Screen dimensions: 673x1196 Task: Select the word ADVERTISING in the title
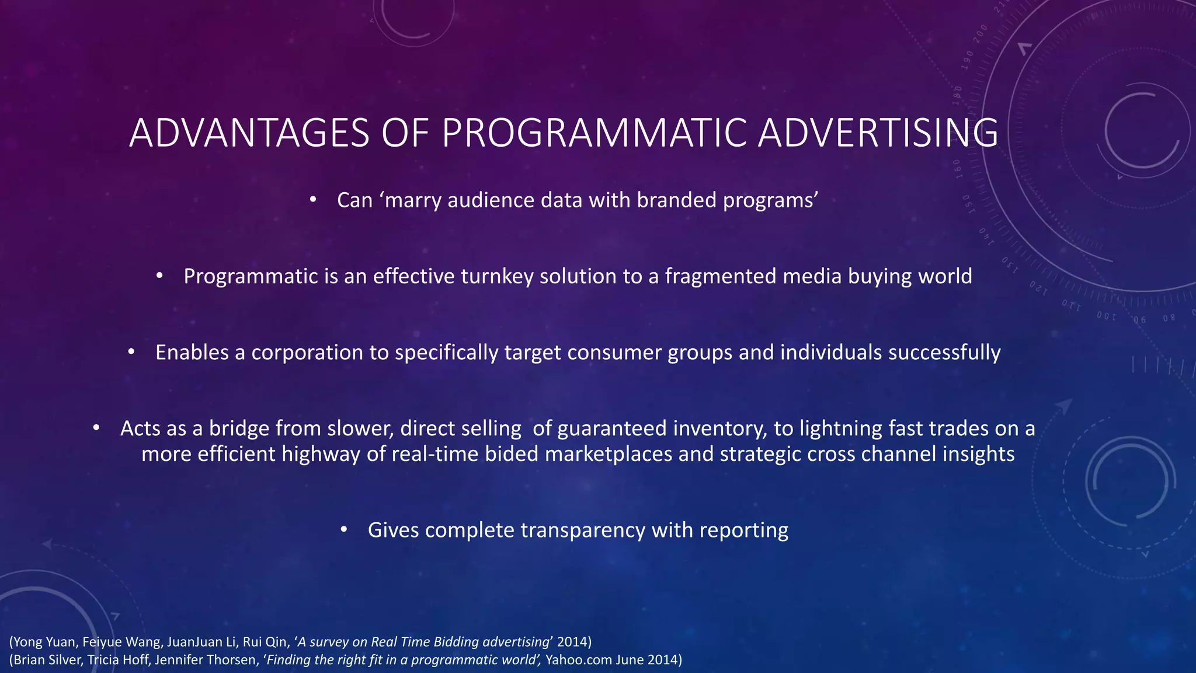(878, 133)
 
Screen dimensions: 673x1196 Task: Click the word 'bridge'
(239, 429)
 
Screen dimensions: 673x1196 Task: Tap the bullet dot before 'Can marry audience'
(313, 200)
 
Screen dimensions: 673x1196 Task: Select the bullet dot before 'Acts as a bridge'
(96, 428)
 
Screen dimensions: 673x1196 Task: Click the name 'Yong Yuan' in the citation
(44, 642)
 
